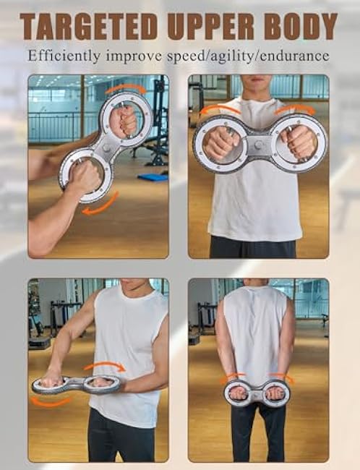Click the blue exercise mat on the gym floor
[153, 176]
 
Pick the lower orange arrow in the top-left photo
[100, 207]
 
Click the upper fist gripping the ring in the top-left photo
[124, 121]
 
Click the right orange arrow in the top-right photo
[296, 110]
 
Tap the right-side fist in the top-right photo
[299, 142]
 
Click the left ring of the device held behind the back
[239, 393]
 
